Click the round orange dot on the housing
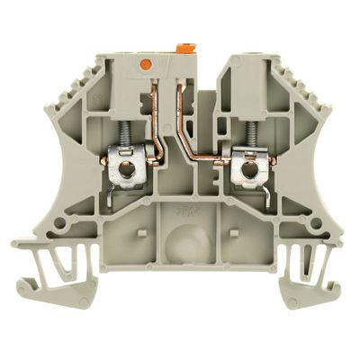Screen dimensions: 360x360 (146, 64)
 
